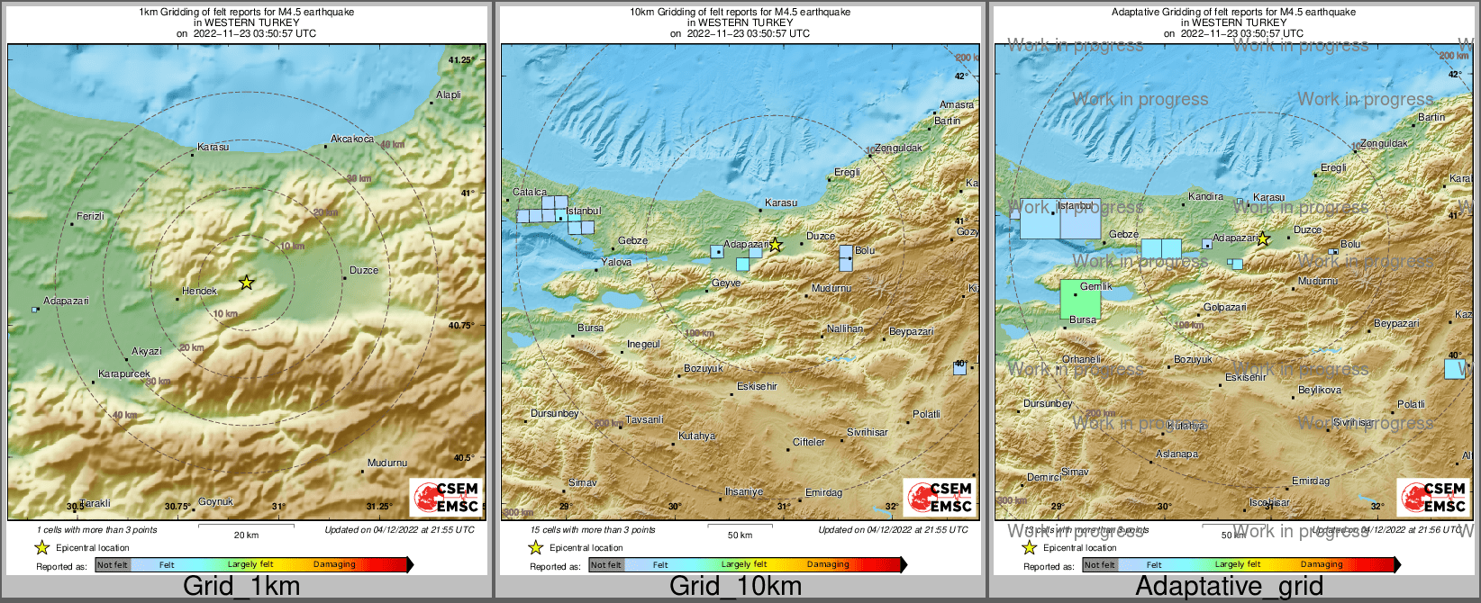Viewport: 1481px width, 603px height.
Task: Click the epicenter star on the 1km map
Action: [247, 283]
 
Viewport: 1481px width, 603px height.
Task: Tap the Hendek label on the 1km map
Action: [199, 291]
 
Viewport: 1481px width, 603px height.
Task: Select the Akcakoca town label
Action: [352, 139]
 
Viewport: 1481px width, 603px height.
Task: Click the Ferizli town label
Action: [90, 216]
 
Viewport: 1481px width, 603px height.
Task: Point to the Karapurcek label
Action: [124, 373]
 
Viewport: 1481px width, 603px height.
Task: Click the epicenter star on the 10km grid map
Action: [776, 244]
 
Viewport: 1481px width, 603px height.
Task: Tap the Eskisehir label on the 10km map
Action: [757, 386]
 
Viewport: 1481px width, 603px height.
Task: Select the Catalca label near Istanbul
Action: [530, 192]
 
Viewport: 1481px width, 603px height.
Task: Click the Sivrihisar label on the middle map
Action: [868, 432]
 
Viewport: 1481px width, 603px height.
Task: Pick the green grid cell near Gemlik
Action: [1080, 300]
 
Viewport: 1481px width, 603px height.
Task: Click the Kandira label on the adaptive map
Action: [1205, 196]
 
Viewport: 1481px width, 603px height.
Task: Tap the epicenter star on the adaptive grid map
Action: [1263, 239]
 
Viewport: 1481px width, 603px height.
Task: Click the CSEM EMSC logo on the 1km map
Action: [447, 497]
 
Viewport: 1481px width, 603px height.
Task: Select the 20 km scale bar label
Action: [246, 535]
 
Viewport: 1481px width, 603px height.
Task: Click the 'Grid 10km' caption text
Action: [735, 586]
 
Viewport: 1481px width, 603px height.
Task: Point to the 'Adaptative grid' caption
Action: [1229, 586]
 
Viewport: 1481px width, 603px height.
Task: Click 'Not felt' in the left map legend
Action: [113, 565]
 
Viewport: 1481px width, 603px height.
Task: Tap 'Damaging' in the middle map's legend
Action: [828, 565]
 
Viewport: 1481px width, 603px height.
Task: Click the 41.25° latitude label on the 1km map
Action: [461, 59]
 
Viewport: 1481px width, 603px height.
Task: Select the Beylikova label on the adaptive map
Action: [1320, 390]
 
